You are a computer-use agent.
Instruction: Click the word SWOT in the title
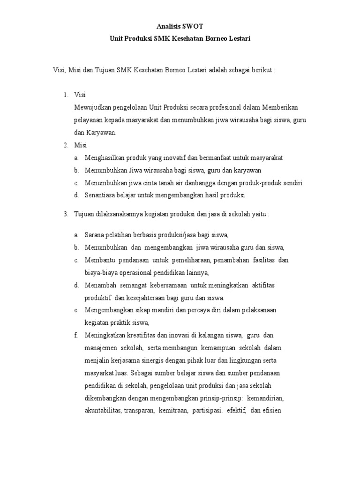193,27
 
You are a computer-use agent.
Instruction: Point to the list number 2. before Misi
66,145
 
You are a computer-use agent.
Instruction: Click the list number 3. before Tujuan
66,214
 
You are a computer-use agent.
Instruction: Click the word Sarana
94,235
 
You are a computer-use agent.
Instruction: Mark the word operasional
134,272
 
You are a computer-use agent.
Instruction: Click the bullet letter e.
76,310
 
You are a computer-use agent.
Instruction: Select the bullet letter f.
75,335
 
